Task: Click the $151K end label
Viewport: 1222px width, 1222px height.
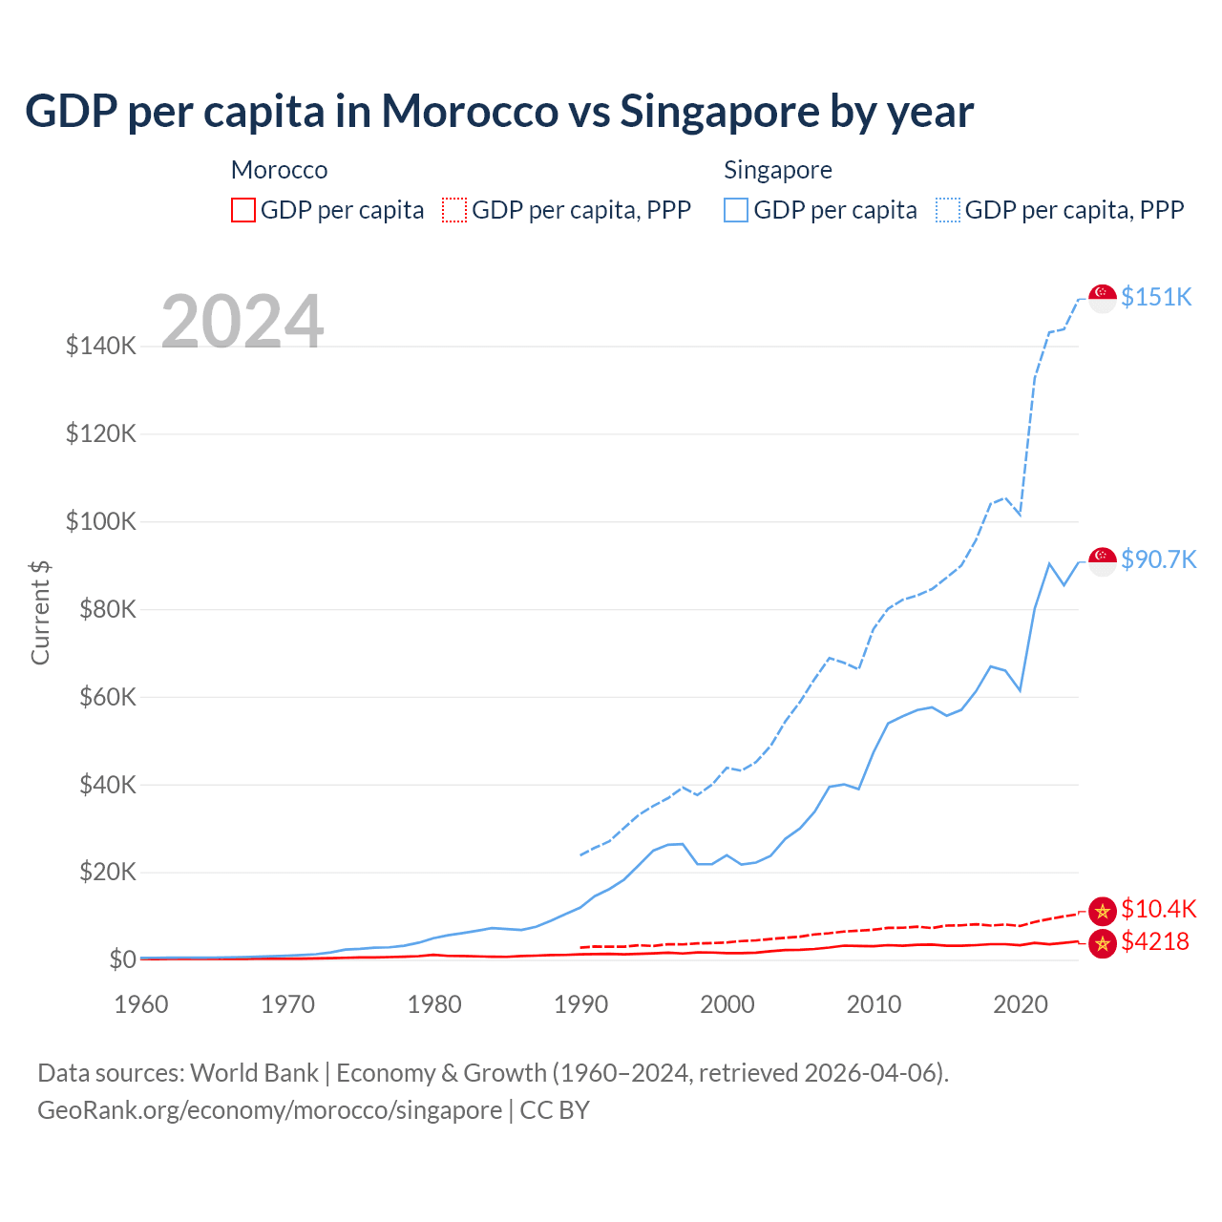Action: point(1156,297)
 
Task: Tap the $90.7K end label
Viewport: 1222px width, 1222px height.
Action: point(1158,559)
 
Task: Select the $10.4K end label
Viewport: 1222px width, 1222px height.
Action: point(1158,909)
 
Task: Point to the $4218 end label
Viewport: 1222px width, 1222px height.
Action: point(1154,942)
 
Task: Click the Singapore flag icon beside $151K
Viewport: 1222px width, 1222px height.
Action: point(1103,298)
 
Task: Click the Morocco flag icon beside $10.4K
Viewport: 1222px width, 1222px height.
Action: point(1103,911)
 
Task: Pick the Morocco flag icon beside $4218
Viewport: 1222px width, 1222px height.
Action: point(1103,943)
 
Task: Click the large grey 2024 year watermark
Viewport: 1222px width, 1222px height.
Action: point(242,322)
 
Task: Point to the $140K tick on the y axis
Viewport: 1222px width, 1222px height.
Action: point(101,346)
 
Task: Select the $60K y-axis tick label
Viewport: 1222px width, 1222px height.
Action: point(101,697)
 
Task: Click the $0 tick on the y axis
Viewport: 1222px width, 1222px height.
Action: point(122,959)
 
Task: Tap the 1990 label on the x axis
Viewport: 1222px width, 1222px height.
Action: point(580,1004)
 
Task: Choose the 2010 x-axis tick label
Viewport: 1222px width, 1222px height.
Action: point(874,1004)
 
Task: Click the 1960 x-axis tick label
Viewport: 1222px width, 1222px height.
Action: point(141,1004)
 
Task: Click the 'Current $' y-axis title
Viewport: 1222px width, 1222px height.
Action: point(40,612)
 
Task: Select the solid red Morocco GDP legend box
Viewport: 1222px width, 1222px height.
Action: point(243,210)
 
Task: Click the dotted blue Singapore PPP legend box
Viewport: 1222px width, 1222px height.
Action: point(948,210)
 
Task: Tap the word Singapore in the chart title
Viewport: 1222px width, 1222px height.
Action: point(720,111)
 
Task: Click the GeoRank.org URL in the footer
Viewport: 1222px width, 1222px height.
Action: point(269,1110)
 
